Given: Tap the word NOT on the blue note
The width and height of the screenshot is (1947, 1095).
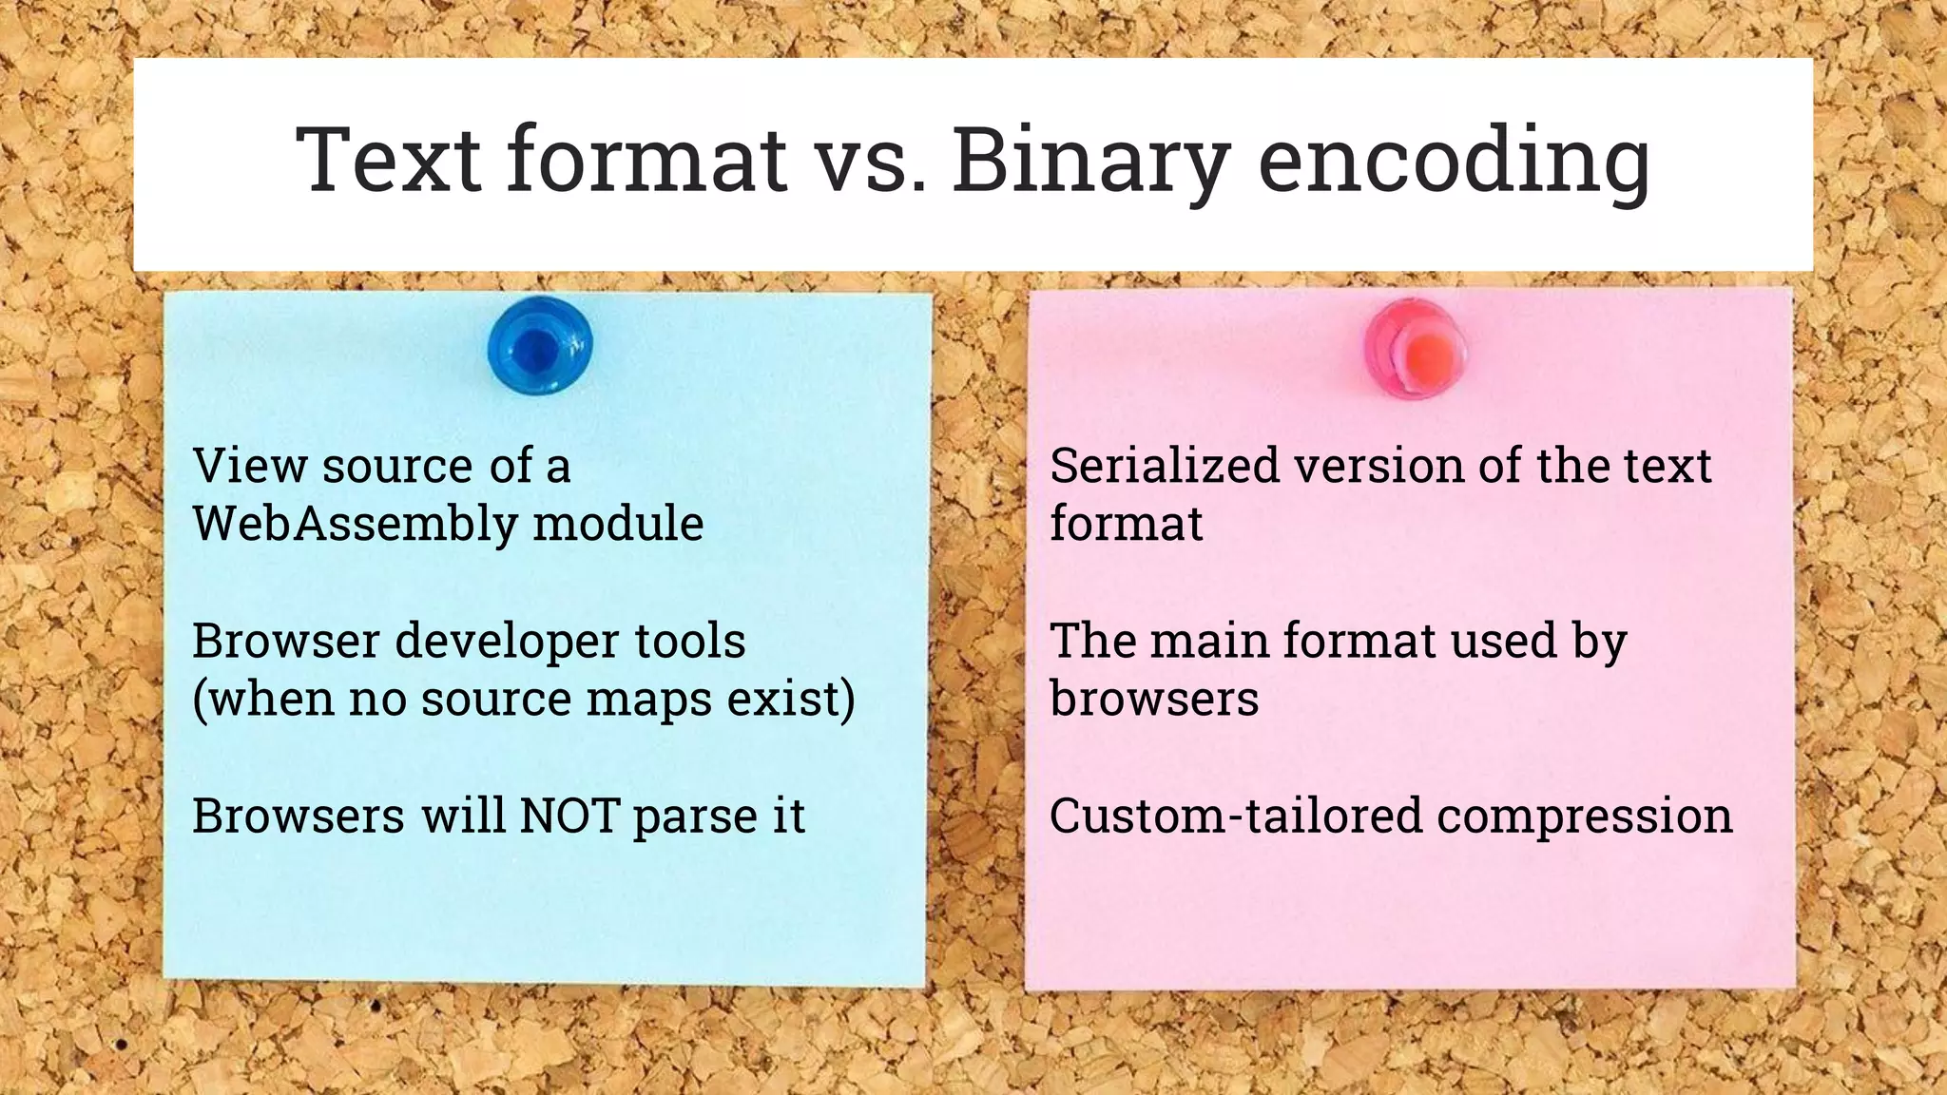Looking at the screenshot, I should pos(569,816).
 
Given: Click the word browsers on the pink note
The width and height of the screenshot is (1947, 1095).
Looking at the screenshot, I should pos(1154,699).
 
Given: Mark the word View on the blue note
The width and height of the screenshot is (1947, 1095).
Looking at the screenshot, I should pos(250,466).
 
